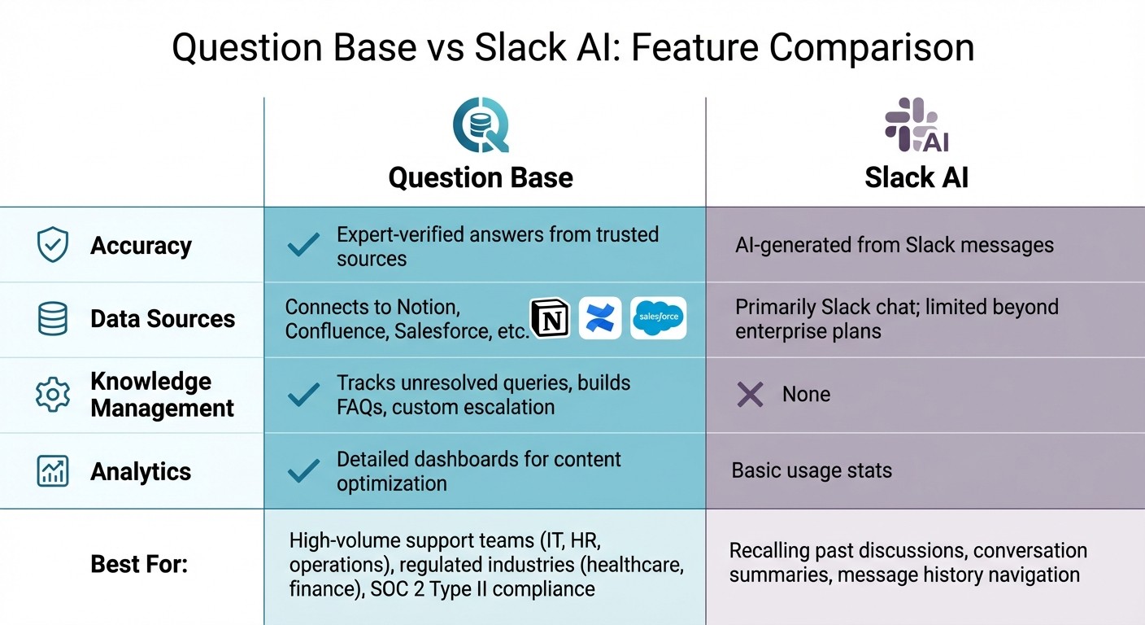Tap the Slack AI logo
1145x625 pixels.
(x=916, y=125)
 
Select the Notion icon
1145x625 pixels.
(x=551, y=317)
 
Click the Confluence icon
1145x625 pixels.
(x=600, y=317)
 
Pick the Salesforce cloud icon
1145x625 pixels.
(x=658, y=317)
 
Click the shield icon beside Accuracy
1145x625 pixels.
(x=53, y=245)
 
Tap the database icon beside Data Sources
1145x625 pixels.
(x=53, y=318)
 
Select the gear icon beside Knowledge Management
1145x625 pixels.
(x=53, y=394)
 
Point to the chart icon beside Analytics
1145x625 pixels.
(x=53, y=471)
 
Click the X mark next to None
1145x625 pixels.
(x=749, y=395)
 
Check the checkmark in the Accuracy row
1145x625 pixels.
(x=303, y=246)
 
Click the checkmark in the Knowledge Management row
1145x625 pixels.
(x=303, y=395)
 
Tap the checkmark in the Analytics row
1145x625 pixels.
(x=303, y=470)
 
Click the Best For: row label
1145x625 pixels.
(x=139, y=563)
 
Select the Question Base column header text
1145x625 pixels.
(x=481, y=177)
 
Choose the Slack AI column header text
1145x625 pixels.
(x=916, y=177)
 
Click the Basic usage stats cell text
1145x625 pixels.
(x=812, y=470)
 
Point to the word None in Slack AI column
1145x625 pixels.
(x=806, y=395)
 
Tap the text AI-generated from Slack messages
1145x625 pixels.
(x=894, y=245)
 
